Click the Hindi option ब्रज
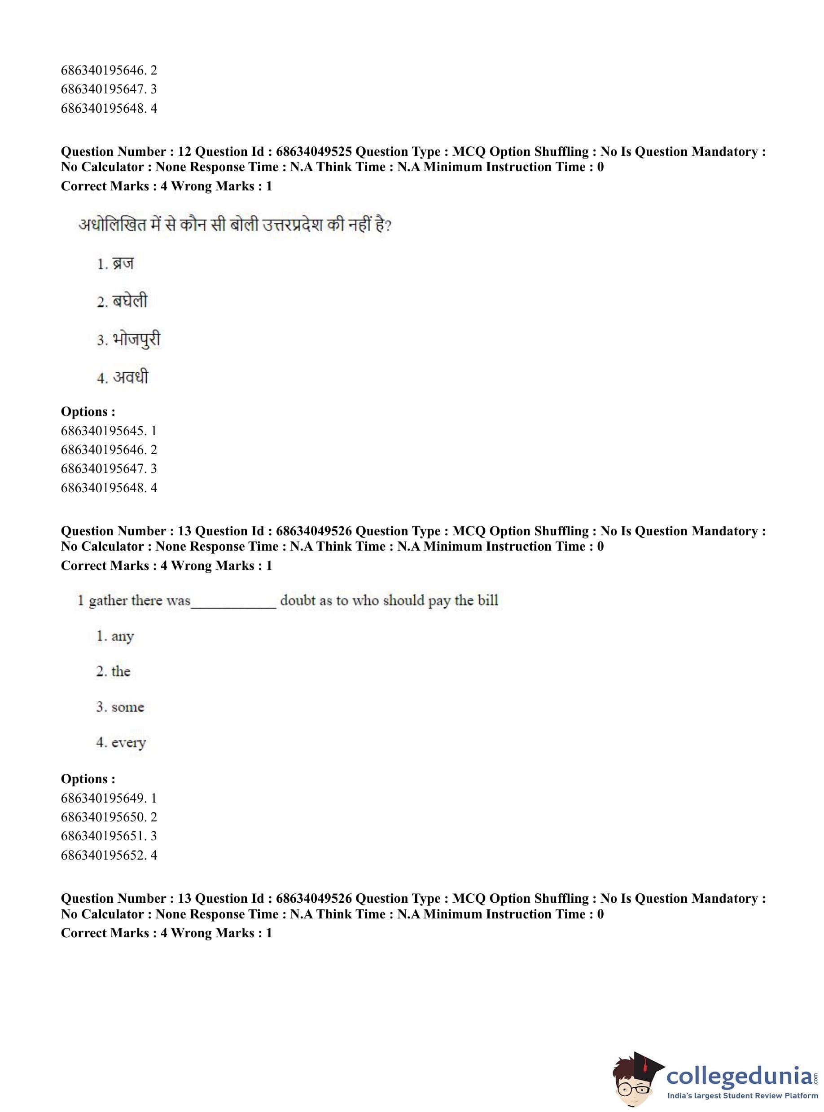[123, 264]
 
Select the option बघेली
[129, 301]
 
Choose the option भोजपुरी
[136, 340]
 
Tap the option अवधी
[130, 377]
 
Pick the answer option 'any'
[122, 636]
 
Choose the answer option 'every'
[128, 743]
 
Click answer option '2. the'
[120, 671]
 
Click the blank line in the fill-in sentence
[233, 605]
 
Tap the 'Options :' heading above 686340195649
[88, 779]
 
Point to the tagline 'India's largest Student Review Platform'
[742, 1096]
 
